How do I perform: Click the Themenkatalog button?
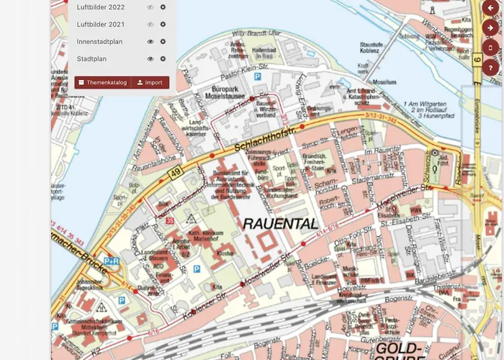103,83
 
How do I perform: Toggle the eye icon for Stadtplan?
150,59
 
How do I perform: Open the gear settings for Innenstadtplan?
163,42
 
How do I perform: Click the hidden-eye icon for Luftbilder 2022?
150,7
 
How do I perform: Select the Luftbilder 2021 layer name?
101,24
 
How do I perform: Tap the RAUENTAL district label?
280,224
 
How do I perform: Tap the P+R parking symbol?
112,261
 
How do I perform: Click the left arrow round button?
492,8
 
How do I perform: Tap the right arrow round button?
492,28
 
